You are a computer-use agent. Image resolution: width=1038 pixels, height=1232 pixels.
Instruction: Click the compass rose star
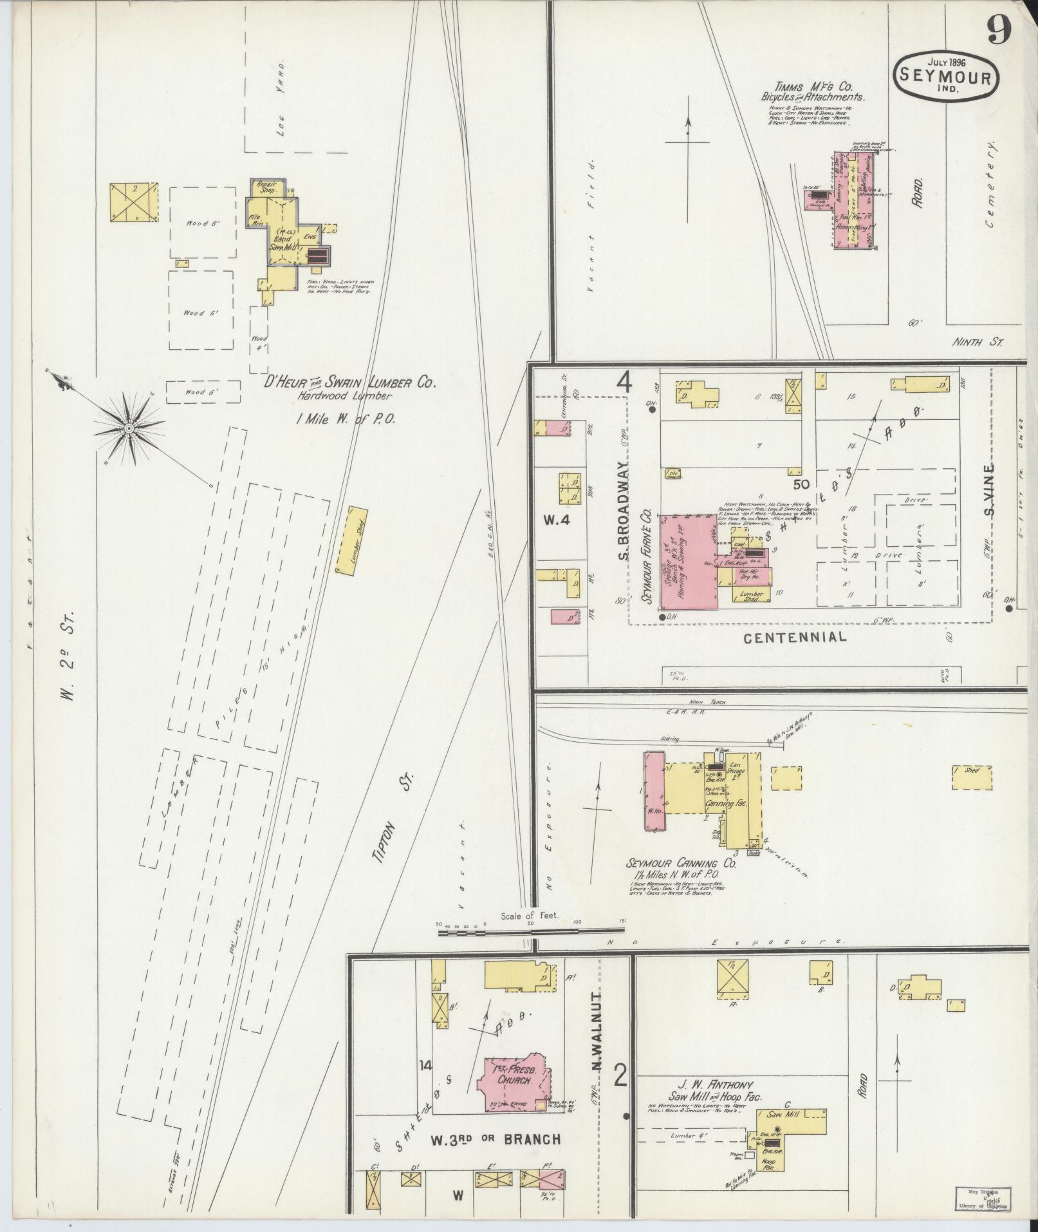tap(129, 428)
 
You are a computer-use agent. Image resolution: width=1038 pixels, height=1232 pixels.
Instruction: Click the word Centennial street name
tap(795, 638)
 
